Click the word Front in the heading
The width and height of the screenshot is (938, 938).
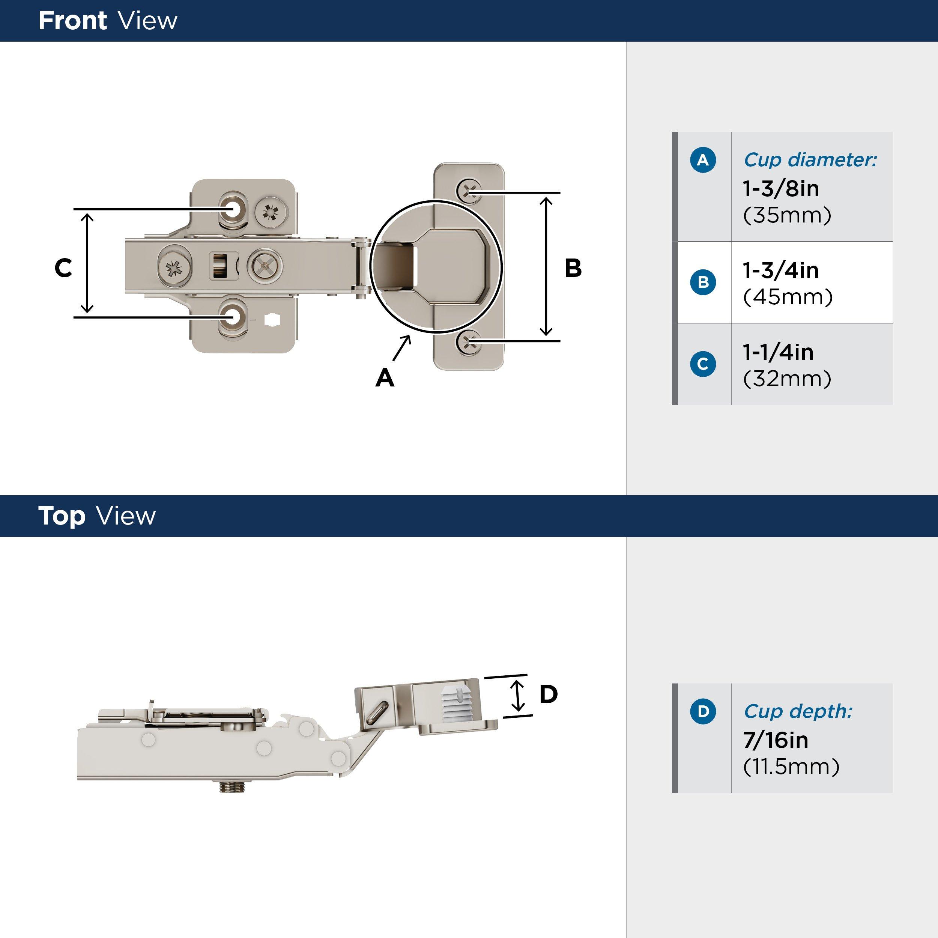coord(72,21)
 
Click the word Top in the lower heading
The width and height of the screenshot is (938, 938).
coord(62,516)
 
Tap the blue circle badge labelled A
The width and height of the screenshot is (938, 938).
coord(702,160)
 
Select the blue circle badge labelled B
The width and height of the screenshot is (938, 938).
coord(702,282)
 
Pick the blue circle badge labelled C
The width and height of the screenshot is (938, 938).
coord(702,364)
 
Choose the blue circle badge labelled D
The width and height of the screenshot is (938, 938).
coord(702,712)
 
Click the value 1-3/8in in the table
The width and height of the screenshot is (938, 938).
coord(781,188)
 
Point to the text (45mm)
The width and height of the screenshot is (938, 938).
coord(788,297)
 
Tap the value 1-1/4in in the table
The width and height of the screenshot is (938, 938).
coord(778,352)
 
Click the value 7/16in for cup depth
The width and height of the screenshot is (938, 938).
coord(776,740)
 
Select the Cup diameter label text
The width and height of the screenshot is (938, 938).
coord(810,160)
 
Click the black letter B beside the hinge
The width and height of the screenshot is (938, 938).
coord(573,268)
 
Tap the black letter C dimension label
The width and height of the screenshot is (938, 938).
coord(63,268)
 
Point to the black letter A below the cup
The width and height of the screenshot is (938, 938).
coord(385,378)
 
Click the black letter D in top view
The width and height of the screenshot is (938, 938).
coord(548,694)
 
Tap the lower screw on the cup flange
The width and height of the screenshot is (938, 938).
coord(469,343)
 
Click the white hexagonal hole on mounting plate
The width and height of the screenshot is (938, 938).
coord(272,320)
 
